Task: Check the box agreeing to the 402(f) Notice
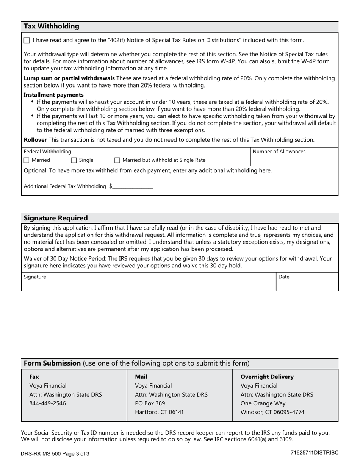pyautogui.click(x=27, y=40)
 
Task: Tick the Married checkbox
pyautogui.click(x=27, y=160)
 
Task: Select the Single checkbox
pyautogui.click(x=74, y=160)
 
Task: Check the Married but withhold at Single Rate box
pyautogui.click(x=117, y=160)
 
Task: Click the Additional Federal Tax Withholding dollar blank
pyautogui.click(x=132, y=186)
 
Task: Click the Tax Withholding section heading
pyautogui.click(x=52, y=26)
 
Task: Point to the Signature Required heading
pyautogui.click(x=56, y=218)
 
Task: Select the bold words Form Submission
pyautogui.click(x=52, y=363)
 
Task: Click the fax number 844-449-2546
pyautogui.click(x=47, y=403)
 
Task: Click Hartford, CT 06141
pyautogui.click(x=159, y=412)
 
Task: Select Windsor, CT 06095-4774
pyautogui.click(x=272, y=412)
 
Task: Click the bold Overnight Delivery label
pyautogui.click(x=267, y=377)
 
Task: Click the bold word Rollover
pyautogui.click(x=35, y=140)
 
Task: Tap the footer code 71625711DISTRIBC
pyautogui.click(x=315, y=453)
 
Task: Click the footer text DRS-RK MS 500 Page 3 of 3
pyautogui.click(x=55, y=453)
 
